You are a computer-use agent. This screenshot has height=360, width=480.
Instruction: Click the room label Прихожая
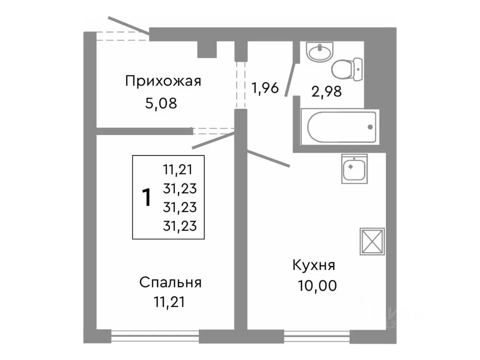(x=163, y=81)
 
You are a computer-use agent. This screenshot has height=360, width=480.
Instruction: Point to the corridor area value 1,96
(x=264, y=88)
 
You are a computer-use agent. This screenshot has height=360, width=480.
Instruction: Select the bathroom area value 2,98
(x=326, y=91)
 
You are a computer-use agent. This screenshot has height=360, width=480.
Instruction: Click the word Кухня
(x=313, y=266)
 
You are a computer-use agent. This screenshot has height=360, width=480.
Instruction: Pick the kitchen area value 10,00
(x=318, y=286)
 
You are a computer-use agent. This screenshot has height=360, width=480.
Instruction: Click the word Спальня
(x=170, y=283)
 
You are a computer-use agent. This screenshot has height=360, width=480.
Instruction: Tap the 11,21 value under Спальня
(x=169, y=302)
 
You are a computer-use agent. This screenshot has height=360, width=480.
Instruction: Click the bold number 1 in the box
(x=147, y=198)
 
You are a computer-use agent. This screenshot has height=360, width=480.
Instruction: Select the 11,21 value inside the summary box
(x=178, y=170)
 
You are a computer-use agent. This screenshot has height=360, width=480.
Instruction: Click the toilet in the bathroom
(x=346, y=67)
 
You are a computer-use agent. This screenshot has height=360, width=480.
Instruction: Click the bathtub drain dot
(x=370, y=127)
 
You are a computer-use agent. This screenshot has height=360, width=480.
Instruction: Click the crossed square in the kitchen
(x=372, y=241)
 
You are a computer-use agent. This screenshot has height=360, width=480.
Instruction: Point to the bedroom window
(x=155, y=336)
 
